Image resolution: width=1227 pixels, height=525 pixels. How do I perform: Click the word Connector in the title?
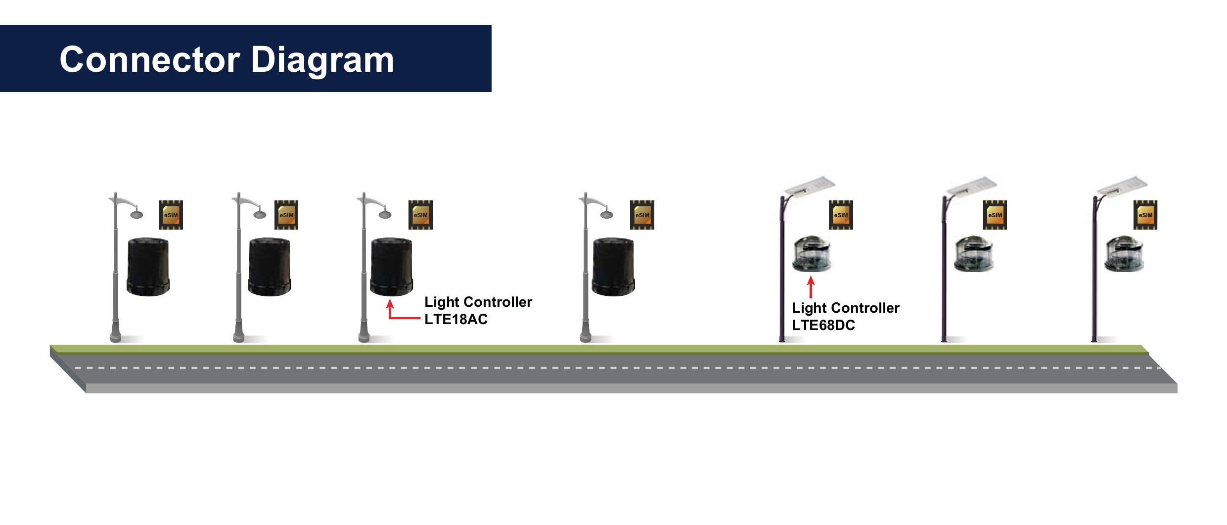point(149,60)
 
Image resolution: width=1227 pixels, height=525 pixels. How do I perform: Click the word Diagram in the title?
point(322,60)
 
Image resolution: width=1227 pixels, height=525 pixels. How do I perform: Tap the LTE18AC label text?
point(455,320)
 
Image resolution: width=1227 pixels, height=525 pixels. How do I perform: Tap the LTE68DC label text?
point(823,326)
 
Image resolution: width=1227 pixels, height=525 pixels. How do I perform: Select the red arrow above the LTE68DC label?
point(811,286)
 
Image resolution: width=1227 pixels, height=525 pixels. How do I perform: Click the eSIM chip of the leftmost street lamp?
point(171,215)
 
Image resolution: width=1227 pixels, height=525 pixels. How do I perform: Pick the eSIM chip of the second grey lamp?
point(286,215)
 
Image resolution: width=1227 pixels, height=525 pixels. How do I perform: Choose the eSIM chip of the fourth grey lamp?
point(642,215)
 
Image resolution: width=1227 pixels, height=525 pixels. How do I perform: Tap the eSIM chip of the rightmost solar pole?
point(1145,215)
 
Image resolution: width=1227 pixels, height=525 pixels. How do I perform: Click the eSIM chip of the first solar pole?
point(841,215)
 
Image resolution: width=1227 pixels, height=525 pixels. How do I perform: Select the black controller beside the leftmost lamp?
point(148,267)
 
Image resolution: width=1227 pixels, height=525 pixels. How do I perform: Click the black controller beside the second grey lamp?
point(270,267)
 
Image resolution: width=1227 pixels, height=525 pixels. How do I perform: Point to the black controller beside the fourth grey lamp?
point(613,267)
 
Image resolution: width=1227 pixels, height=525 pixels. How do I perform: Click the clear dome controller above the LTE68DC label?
point(812,254)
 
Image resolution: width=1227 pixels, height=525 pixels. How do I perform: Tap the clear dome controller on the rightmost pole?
point(1124,254)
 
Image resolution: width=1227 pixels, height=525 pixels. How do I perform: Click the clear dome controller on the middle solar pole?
point(973,254)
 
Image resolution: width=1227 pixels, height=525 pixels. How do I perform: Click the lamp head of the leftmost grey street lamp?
point(136,214)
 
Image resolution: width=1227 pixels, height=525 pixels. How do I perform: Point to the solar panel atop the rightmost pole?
point(1122,185)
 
